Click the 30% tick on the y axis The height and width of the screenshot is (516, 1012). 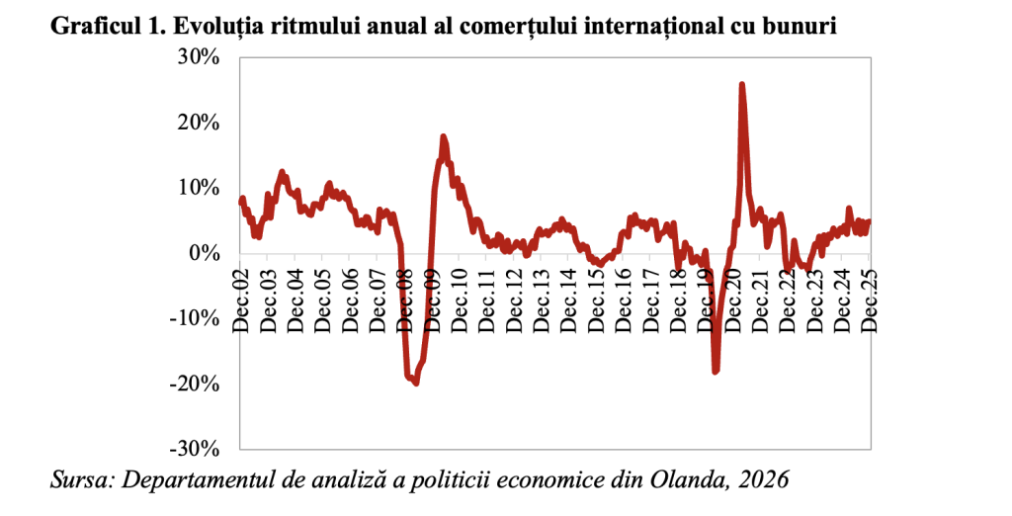click(x=198, y=57)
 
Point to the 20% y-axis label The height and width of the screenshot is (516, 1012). click(x=198, y=123)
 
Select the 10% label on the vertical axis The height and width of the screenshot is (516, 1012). click(x=198, y=188)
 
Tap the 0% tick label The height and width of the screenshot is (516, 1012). click(x=206, y=253)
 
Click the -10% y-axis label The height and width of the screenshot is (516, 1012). click(x=194, y=318)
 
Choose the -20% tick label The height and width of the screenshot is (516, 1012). click(x=194, y=384)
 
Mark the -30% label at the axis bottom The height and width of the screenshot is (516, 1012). click(x=194, y=449)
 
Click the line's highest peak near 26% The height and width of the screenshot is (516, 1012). click(x=741, y=85)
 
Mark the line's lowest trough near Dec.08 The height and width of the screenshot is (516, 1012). click(x=415, y=382)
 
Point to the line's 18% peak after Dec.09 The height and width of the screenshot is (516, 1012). click(x=443, y=137)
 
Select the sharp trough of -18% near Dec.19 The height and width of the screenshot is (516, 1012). click(x=715, y=371)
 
